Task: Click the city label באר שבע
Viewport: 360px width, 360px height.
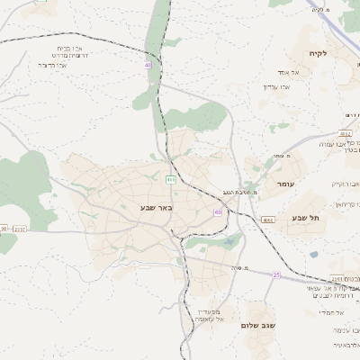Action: click(155, 208)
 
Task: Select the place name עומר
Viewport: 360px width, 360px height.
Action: click(285, 184)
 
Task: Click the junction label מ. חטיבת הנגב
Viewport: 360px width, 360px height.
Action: click(241, 193)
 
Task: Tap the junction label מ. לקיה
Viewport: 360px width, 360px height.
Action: click(319, 10)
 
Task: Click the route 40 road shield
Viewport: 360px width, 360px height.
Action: click(148, 65)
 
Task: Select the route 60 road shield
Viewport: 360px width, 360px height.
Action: click(218, 211)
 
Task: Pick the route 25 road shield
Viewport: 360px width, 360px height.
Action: click(276, 274)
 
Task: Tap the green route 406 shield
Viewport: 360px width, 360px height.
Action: click(169, 179)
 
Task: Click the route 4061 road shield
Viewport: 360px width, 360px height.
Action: click(268, 220)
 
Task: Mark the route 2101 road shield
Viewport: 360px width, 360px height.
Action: click(337, 279)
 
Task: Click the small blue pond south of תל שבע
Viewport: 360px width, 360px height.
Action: click(313, 254)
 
